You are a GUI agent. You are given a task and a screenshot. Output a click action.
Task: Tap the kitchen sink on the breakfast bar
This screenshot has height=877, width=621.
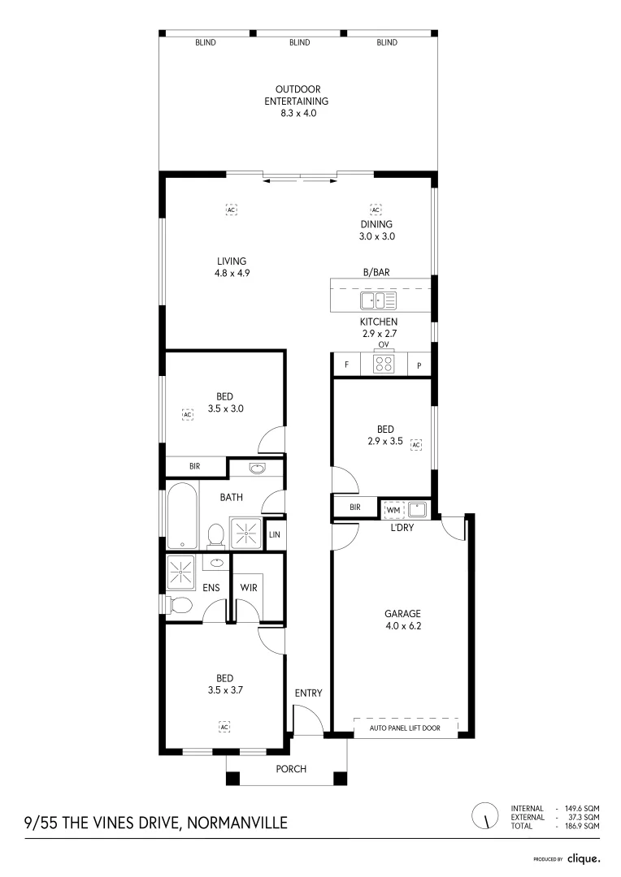click(x=379, y=300)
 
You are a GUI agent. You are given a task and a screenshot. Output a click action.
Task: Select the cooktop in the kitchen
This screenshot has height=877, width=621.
click(x=384, y=365)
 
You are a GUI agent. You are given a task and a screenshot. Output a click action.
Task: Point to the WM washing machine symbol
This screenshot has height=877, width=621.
click(x=393, y=509)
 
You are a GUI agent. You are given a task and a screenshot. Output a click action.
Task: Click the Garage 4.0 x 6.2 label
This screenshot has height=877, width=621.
click(x=403, y=620)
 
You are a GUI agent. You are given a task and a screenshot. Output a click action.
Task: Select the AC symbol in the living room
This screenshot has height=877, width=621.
click(x=231, y=210)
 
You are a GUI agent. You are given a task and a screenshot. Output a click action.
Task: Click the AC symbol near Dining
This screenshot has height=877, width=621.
click(x=376, y=210)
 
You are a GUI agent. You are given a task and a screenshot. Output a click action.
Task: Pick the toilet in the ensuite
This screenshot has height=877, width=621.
click(x=180, y=605)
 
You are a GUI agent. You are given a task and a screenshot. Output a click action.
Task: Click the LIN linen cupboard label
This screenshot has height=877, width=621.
click(x=274, y=534)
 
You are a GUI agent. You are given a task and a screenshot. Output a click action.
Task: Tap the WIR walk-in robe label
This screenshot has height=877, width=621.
click(x=249, y=587)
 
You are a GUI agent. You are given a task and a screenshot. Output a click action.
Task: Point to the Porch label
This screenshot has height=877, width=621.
click(x=291, y=769)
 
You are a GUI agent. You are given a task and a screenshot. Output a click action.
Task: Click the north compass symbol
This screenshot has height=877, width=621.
click(x=485, y=815)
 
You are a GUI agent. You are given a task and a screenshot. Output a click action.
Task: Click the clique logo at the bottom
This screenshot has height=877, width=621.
click(x=584, y=858)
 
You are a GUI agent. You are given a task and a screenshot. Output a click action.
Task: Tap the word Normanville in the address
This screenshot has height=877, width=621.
click(x=237, y=823)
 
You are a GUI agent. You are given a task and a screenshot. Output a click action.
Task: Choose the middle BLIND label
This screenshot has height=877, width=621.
click(x=299, y=42)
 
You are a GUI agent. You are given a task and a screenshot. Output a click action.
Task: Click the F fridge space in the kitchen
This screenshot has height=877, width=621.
click(x=346, y=365)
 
